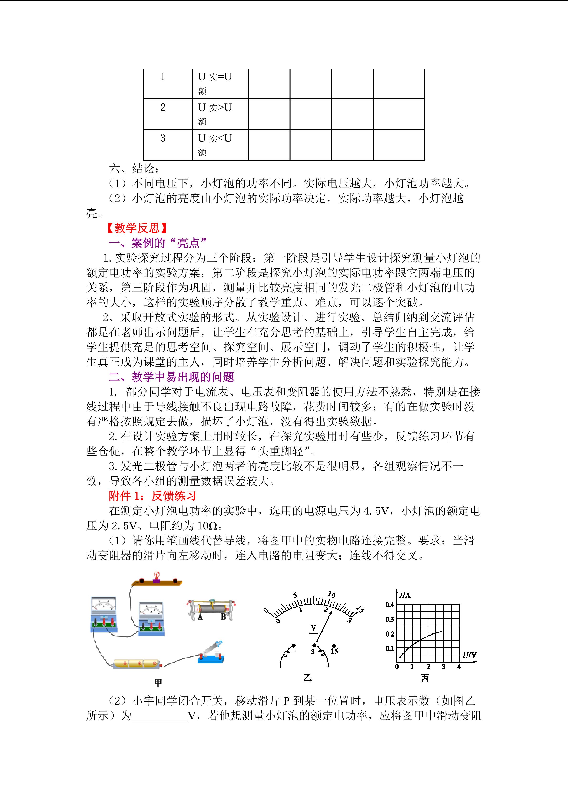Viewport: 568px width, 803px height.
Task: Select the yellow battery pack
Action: click(x=136, y=663)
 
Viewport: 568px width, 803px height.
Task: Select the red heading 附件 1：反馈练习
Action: click(x=152, y=496)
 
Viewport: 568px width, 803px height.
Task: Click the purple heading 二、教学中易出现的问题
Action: click(x=171, y=377)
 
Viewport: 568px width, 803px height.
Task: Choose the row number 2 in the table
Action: click(x=163, y=107)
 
